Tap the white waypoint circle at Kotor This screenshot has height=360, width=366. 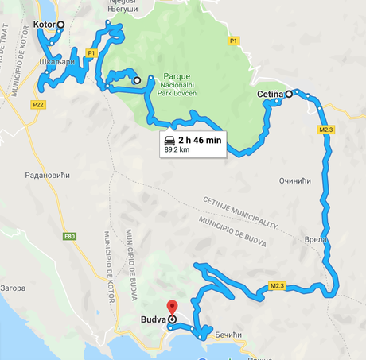[62, 25]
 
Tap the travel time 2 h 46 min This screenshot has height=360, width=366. [200, 140]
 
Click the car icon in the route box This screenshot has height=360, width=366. [169, 140]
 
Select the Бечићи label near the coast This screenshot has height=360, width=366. [228, 335]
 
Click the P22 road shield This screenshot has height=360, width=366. [37, 103]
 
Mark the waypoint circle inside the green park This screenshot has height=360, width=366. [137, 80]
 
